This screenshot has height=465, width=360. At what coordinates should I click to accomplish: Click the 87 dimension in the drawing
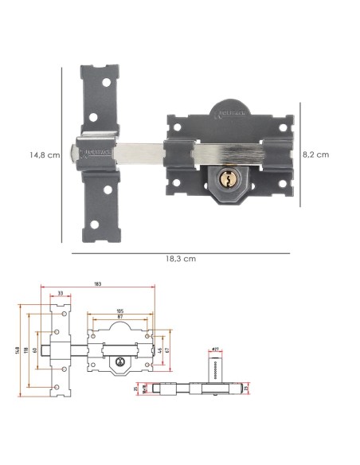pyautogui.click(x=120, y=317)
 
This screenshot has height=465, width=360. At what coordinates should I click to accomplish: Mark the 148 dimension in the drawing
pyautogui.click(x=16, y=351)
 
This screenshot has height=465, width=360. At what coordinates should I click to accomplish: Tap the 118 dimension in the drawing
pyautogui.click(x=25, y=351)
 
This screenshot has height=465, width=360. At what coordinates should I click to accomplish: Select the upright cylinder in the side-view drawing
pyautogui.click(x=214, y=369)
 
